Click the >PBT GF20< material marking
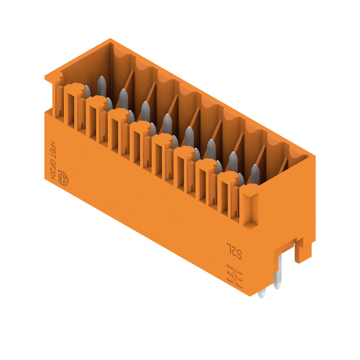point(53,160)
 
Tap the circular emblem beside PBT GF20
point(63,178)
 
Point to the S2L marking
point(234,251)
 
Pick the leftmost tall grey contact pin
point(102,86)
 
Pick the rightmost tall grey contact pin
point(255,174)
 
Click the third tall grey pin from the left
point(145,111)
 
